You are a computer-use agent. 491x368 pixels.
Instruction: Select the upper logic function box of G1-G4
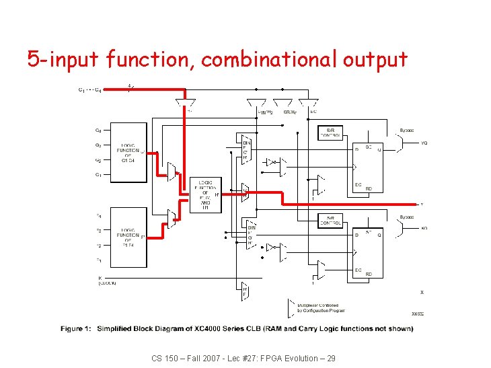pos(128,153)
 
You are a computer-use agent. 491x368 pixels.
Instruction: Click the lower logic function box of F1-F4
pos(128,236)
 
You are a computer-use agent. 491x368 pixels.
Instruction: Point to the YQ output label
pos(424,143)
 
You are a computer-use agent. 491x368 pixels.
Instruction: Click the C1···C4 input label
pos(90,89)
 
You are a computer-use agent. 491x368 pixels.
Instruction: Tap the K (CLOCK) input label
pos(108,281)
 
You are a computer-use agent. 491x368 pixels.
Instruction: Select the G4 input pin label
pos(98,131)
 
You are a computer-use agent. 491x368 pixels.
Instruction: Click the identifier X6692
pos(418,314)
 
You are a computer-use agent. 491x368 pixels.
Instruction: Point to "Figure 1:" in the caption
pos(76,328)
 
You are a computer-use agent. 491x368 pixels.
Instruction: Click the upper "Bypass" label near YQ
pos(407,130)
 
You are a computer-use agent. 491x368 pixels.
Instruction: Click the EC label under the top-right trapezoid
pos(313,112)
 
